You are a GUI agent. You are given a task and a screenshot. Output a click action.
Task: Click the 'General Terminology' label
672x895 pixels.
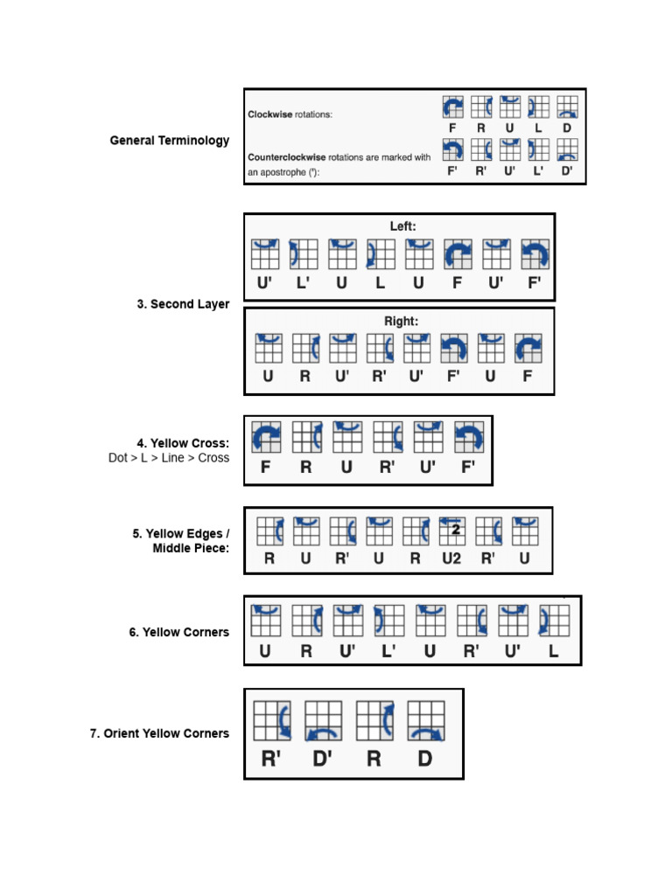click(x=170, y=141)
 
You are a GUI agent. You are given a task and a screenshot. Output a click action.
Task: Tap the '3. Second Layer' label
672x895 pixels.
click(x=183, y=304)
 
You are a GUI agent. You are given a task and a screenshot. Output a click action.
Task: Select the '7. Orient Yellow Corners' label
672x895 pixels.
click(x=159, y=733)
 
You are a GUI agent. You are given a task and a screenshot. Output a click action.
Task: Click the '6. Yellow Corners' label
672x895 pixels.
click(x=179, y=632)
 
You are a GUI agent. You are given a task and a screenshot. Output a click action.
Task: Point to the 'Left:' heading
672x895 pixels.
click(x=403, y=226)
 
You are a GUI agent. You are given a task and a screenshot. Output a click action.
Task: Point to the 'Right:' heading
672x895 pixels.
click(x=402, y=321)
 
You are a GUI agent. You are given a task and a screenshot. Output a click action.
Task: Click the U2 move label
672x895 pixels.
click(x=451, y=558)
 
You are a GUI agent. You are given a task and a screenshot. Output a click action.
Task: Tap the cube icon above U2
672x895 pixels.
click(x=451, y=531)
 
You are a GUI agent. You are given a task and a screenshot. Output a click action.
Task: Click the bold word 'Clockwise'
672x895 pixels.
click(x=270, y=114)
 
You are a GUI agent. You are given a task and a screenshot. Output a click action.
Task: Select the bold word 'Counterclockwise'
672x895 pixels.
click(x=286, y=157)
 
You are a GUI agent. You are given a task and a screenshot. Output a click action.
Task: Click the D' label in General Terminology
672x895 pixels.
click(x=567, y=170)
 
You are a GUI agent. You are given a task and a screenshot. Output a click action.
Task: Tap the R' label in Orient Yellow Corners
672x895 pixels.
click(x=271, y=759)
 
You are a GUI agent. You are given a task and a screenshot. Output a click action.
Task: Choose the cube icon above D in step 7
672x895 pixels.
click(x=424, y=722)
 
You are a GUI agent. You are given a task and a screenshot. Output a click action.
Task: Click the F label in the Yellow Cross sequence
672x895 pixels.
click(x=265, y=467)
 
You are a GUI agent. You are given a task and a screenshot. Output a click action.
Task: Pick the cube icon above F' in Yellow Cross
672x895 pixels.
click(x=468, y=436)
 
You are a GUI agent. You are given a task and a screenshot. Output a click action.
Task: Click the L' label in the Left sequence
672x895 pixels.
click(x=303, y=282)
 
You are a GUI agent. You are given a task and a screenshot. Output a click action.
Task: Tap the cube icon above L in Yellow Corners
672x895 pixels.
click(x=554, y=620)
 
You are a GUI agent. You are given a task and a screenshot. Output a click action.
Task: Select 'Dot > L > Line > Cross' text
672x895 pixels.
click(x=169, y=458)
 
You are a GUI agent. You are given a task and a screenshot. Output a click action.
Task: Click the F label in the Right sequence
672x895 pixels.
click(x=528, y=377)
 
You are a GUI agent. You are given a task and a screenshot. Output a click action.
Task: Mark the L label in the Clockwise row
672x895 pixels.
click(x=539, y=128)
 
